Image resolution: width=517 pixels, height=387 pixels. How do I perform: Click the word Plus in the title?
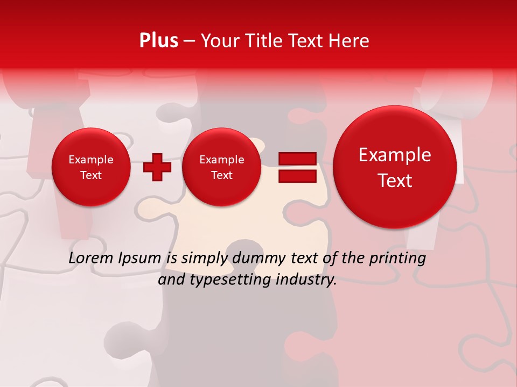coord(158,41)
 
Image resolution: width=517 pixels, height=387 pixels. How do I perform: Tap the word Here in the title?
coord(350,41)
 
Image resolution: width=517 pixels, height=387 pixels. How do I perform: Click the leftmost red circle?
coord(90,167)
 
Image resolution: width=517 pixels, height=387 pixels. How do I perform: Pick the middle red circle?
coord(221,167)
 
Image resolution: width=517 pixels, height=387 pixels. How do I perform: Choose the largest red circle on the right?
coord(395,167)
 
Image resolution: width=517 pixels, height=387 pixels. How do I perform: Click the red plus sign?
coord(157,167)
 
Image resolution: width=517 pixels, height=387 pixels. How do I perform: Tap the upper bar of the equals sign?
coord(297,159)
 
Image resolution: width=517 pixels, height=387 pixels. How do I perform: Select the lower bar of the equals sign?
coord(297,176)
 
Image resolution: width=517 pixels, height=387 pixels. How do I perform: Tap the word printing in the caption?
coord(397,259)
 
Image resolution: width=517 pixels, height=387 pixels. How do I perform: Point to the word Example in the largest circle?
coord(395,155)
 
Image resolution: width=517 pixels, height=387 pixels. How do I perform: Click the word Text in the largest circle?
coord(395,181)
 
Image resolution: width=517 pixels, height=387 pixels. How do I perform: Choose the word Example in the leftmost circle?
coord(90,160)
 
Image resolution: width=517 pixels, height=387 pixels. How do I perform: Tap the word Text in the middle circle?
coord(221,175)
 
